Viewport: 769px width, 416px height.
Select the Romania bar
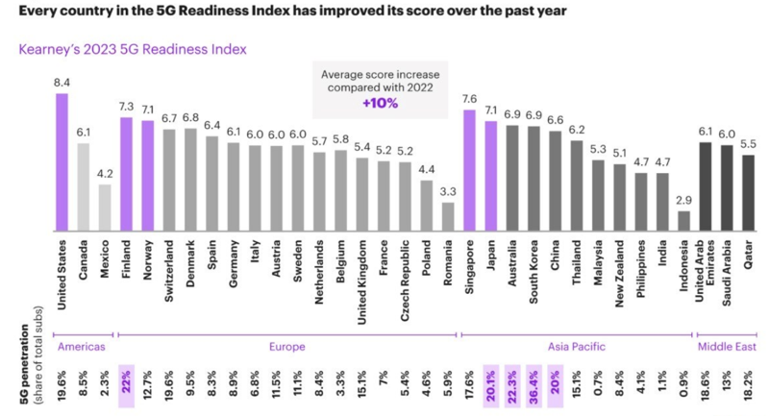click(x=447, y=215)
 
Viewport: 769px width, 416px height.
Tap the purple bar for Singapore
click(x=470, y=169)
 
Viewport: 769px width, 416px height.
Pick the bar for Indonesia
click(x=683, y=220)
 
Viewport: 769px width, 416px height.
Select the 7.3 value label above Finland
click(x=126, y=107)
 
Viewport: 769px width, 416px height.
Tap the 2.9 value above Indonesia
click(x=683, y=201)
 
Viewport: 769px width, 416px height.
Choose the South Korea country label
click(x=534, y=274)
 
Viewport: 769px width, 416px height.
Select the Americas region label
click(x=81, y=345)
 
